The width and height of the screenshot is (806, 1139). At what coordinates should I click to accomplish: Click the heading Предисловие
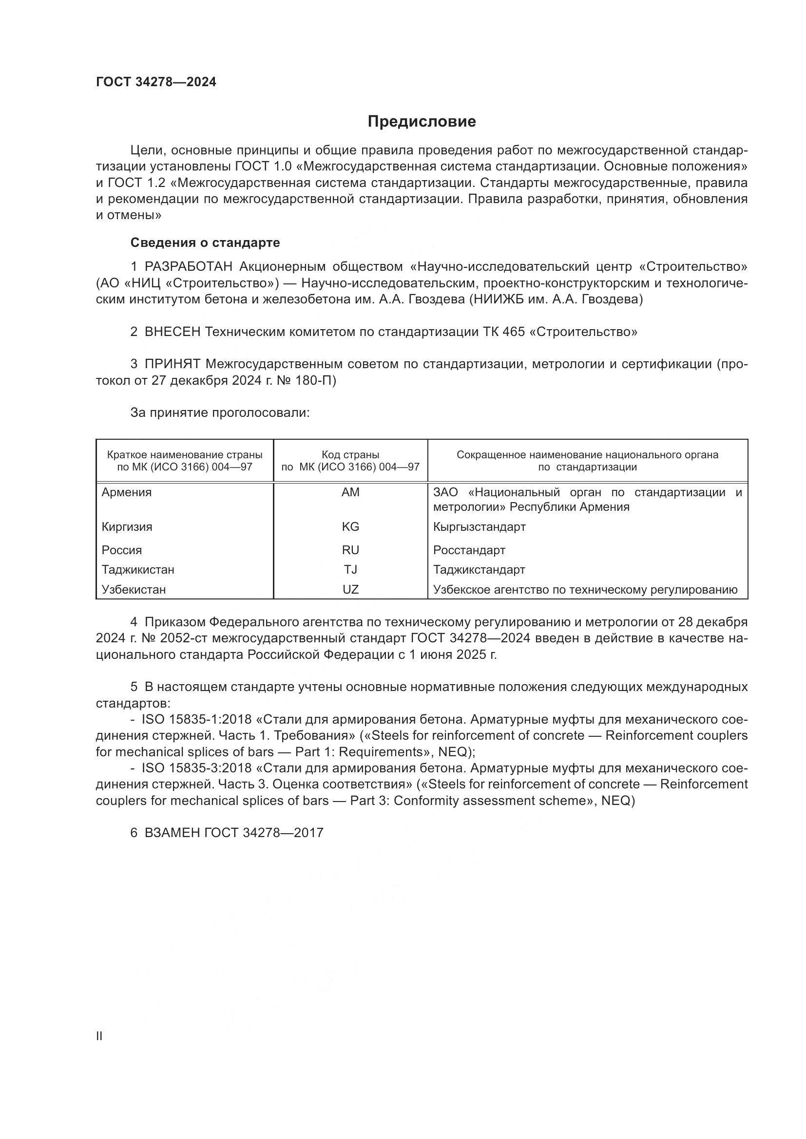422,122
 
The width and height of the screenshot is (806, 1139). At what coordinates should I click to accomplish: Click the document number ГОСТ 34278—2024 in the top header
156,82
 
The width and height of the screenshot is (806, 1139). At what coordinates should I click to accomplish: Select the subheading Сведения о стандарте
205,243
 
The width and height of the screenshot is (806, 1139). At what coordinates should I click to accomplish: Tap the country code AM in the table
350,493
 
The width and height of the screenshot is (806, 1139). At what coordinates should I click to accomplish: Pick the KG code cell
350,527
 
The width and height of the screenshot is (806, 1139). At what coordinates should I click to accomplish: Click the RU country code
350,550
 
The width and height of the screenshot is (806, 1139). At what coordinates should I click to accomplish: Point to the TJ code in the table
350,570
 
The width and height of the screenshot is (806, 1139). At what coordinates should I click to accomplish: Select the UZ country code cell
350,589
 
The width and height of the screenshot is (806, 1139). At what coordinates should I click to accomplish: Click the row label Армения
127,493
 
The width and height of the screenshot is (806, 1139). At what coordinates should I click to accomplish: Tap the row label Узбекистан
134,589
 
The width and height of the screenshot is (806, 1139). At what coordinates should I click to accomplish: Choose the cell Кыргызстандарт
479,527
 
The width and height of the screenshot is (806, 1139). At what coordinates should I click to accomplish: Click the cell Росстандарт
469,550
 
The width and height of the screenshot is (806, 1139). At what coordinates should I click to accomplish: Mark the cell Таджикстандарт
479,570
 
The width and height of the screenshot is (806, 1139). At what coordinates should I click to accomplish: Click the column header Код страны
350,455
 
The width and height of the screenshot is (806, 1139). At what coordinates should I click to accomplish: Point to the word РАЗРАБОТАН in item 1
188,267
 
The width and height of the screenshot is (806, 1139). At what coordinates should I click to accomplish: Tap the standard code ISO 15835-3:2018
196,768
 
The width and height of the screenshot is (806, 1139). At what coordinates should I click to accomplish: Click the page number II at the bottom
99,1036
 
